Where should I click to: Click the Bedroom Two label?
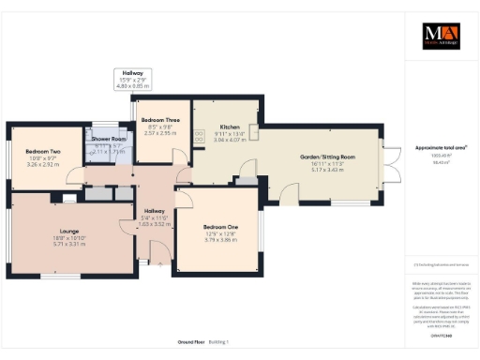43,151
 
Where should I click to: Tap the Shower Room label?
109,138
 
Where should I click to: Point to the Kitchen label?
231,126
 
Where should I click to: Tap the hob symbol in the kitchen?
200,137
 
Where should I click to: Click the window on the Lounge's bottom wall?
58,276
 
